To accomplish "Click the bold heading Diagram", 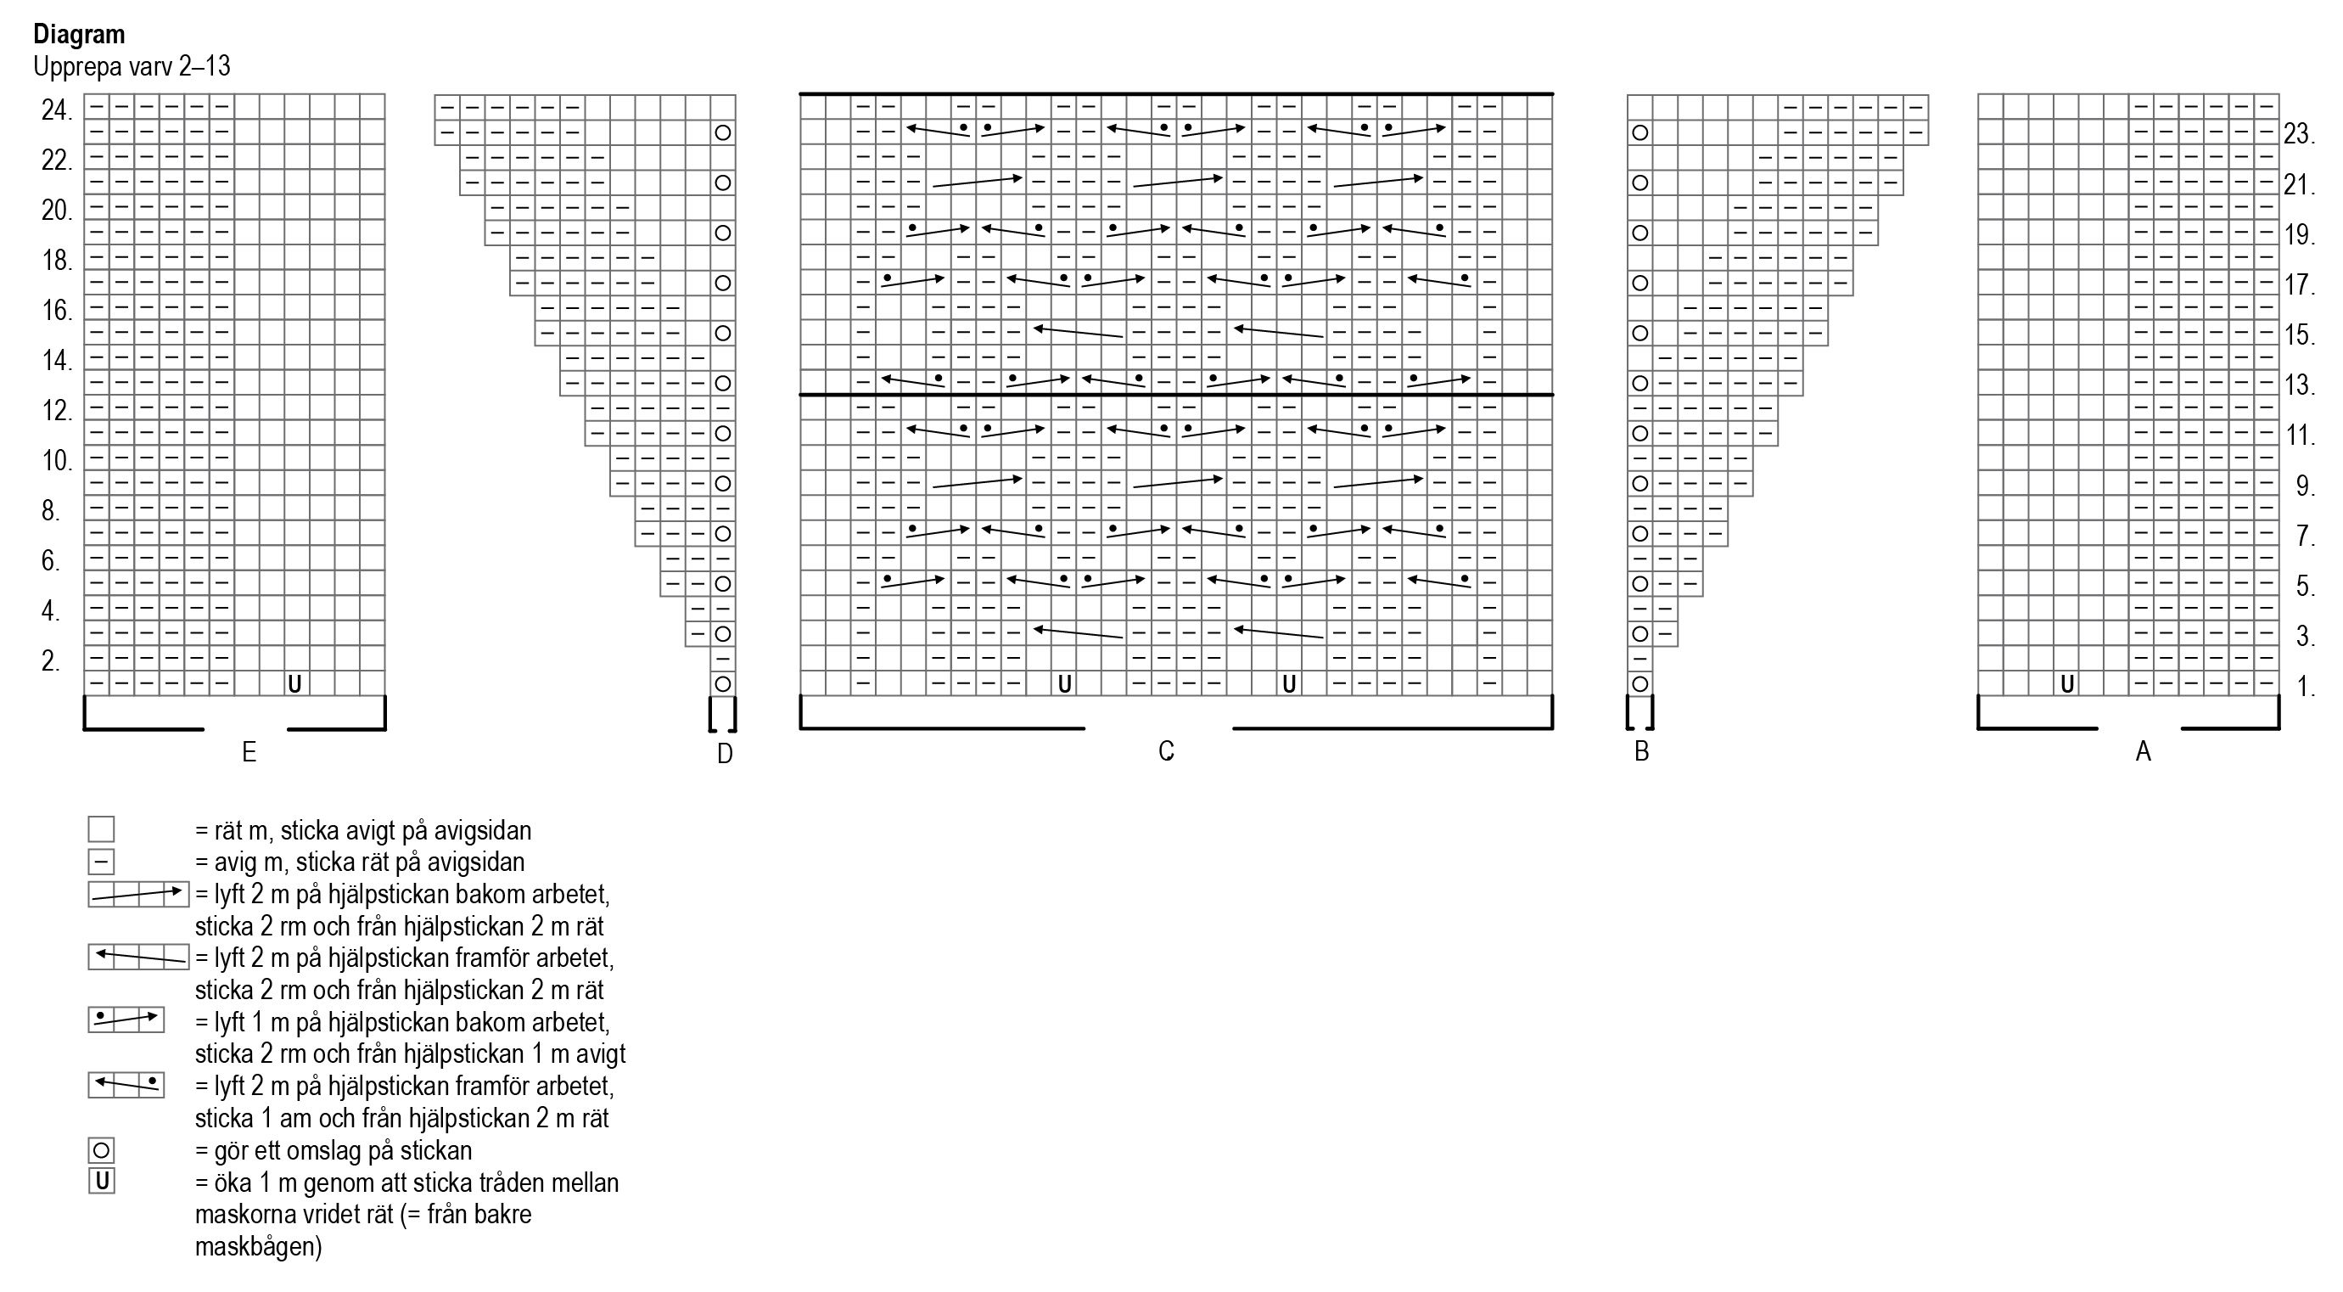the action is (x=79, y=35).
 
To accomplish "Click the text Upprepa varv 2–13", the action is (x=132, y=66).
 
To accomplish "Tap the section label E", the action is (x=249, y=752).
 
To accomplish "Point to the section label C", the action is (x=1166, y=751).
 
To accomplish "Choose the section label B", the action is (x=1641, y=751).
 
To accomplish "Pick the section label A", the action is (x=2143, y=751).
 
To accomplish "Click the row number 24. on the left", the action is (x=56, y=111).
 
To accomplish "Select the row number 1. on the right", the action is (x=2305, y=687).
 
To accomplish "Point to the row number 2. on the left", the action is (x=51, y=661).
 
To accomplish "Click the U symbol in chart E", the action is (x=294, y=683).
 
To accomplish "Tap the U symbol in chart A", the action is (x=2066, y=683).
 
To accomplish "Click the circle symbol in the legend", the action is (x=101, y=1150).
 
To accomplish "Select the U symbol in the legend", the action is (x=101, y=1181).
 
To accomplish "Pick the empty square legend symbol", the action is (x=101, y=829).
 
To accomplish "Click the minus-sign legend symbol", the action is (x=101, y=861).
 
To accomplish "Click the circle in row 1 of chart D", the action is (x=723, y=683).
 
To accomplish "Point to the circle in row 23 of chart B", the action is (x=1640, y=132).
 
